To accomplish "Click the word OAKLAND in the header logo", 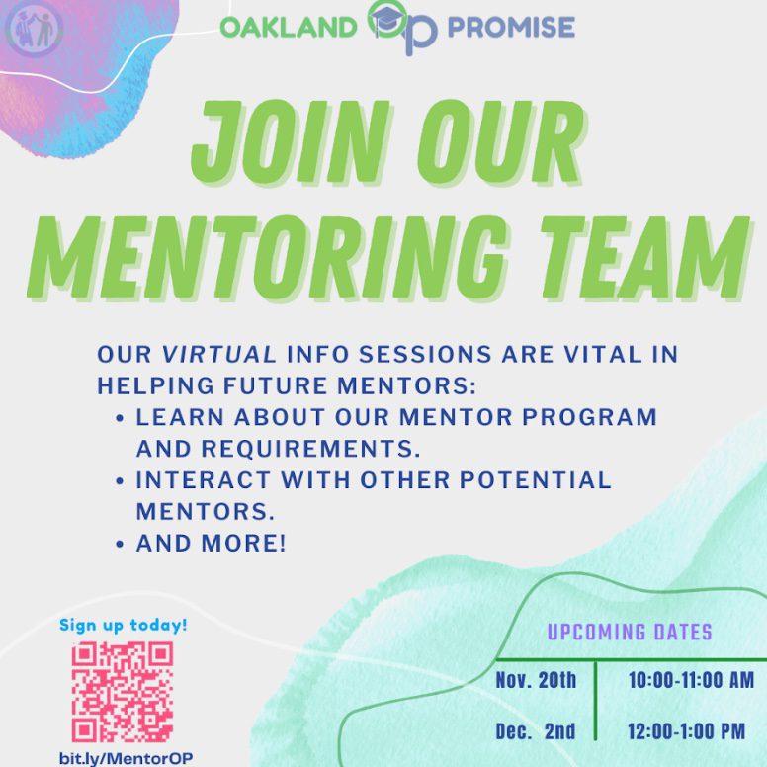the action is [289, 27].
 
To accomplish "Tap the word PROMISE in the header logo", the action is [511, 27].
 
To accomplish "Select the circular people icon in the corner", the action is [34, 30].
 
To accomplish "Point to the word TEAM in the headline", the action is [645, 258].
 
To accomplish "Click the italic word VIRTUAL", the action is [218, 354].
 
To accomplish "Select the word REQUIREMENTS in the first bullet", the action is [310, 449].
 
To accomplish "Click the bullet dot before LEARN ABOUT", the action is [120, 419].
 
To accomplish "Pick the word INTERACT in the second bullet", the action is [203, 479].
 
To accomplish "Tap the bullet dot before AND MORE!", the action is [120, 545].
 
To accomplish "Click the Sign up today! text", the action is [124, 625].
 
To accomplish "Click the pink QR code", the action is [123, 692].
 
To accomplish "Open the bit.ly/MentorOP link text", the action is [126, 759].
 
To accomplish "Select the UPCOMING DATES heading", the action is [630, 632].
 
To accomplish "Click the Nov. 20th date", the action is [536, 680].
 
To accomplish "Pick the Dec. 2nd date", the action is [536, 731].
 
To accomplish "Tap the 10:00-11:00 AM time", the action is [691, 680].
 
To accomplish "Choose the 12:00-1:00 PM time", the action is [687, 731].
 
